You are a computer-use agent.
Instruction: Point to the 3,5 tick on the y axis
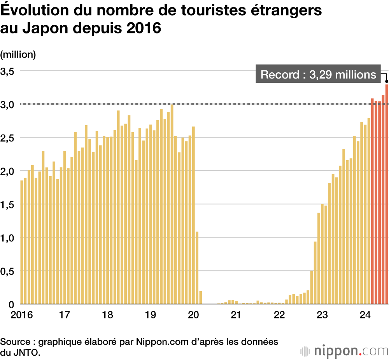7,71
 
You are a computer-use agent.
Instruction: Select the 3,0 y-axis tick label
7,105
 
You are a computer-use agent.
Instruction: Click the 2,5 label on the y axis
7,138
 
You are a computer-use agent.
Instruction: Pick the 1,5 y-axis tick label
7,204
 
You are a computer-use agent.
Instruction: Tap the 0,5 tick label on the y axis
7,271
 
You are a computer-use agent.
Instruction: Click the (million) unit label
18,55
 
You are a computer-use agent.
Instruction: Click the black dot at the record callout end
387,81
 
